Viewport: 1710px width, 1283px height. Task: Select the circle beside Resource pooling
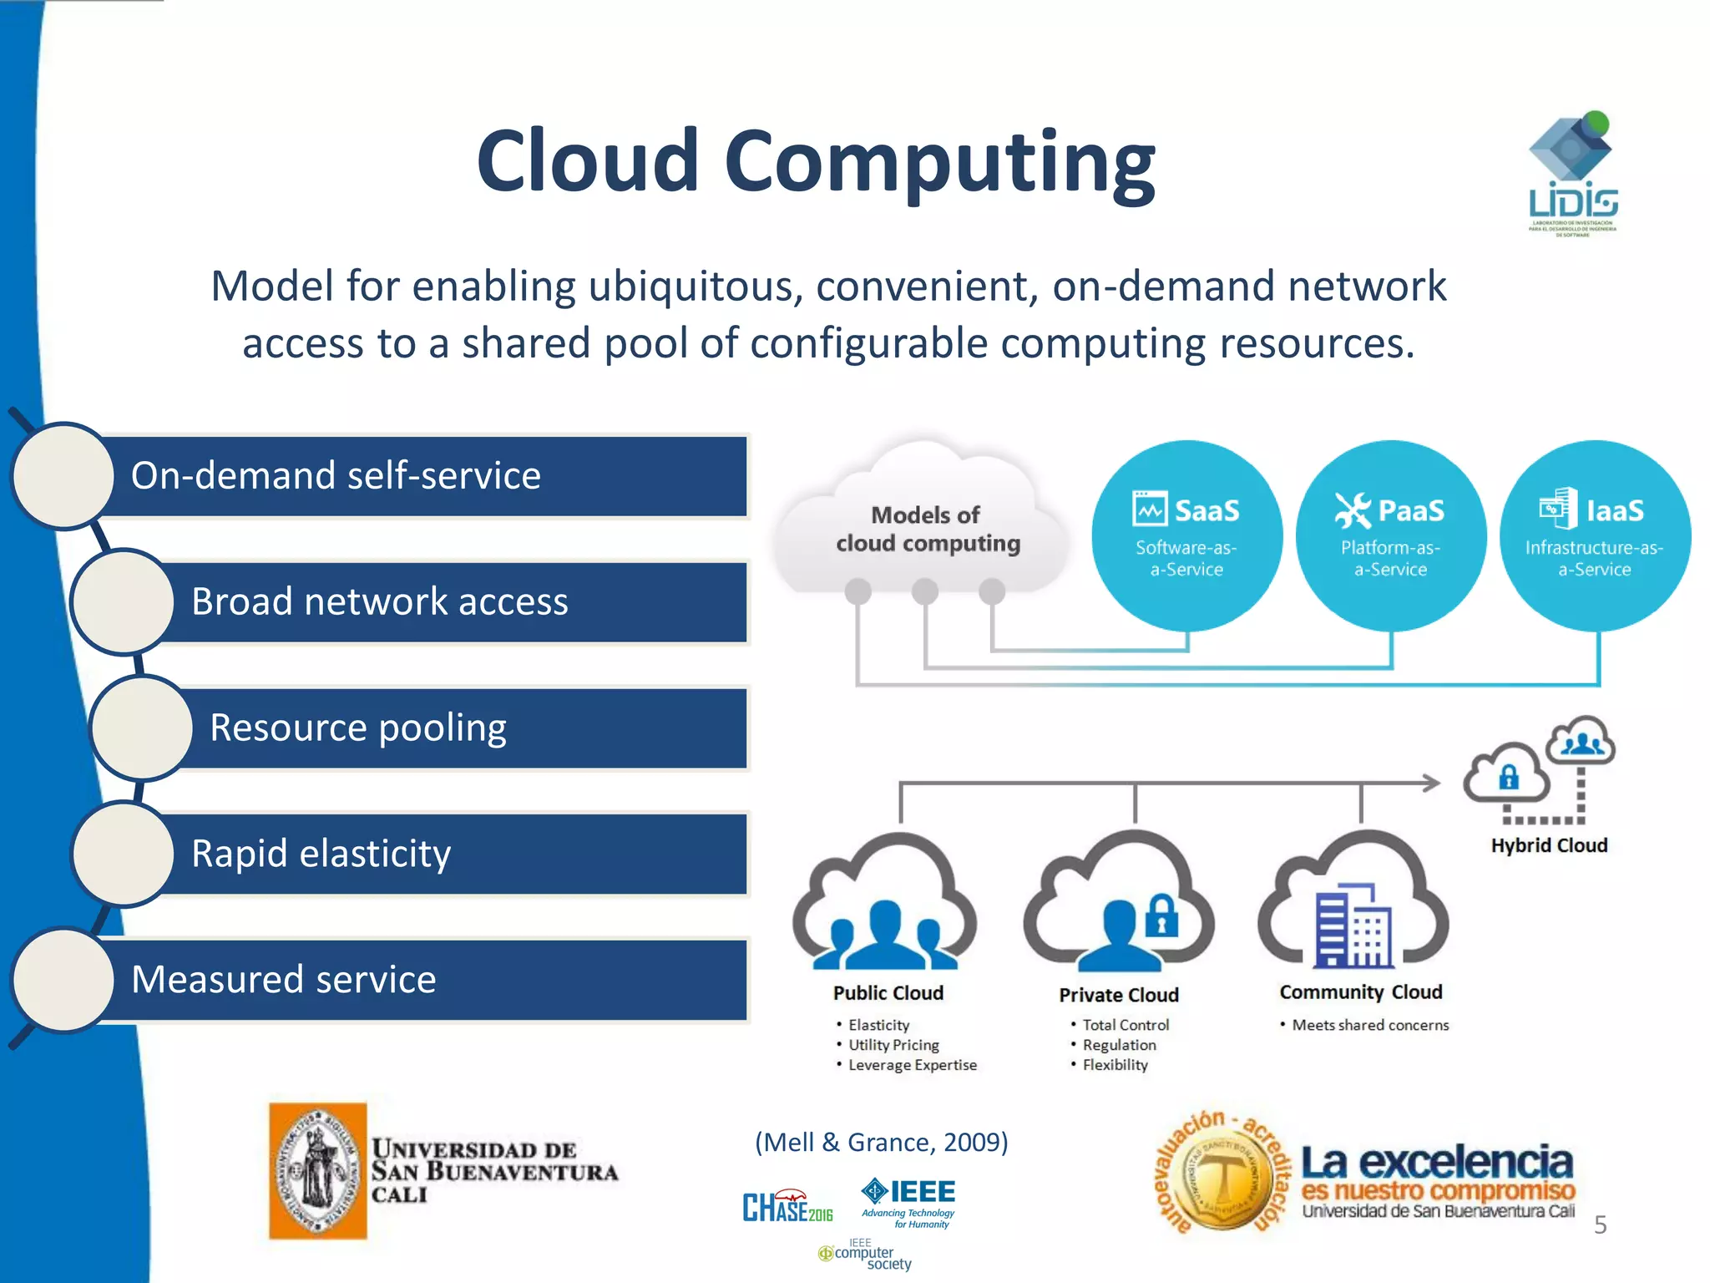click(x=142, y=728)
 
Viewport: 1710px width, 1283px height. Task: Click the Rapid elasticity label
click(x=321, y=854)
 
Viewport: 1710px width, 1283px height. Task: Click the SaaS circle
click(x=1186, y=535)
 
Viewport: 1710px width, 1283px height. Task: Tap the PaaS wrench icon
click(x=1353, y=510)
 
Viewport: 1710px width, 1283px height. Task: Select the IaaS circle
click(x=1595, y=535)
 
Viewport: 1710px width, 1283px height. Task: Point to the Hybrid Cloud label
click(x=1549, y=845)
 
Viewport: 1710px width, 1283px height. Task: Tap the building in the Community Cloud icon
click(x=1353, y=925)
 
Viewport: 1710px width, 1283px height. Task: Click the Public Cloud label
click(x=888, y=993)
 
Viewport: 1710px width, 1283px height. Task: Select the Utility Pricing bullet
click(x=893, y=1045)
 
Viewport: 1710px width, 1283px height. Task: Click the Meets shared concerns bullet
click(x=1369, y=1025)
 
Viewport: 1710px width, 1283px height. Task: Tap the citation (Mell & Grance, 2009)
click(x=881, y=1142)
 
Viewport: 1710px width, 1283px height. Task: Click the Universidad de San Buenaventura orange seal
click(x=317, y=1171)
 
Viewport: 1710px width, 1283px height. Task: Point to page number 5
click(x=1600, y=1225)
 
